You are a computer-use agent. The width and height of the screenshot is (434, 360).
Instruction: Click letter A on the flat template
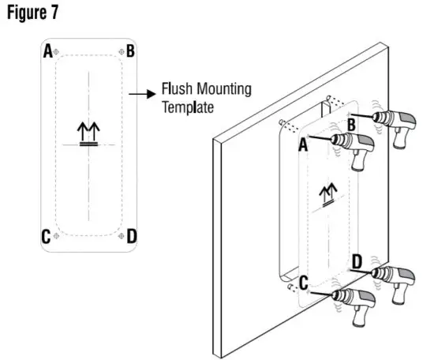coord(48,52)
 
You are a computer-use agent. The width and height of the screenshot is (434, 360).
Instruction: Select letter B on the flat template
coord(130,52)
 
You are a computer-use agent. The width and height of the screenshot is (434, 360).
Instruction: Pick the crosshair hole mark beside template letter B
coord(118,52)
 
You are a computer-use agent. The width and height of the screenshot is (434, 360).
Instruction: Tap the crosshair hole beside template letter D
coord(118,235)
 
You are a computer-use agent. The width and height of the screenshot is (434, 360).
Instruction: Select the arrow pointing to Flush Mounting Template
coord(140,93)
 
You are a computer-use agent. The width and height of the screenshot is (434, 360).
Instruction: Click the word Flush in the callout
coord(175,89)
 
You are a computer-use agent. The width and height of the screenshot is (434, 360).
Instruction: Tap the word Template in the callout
coord(187,107)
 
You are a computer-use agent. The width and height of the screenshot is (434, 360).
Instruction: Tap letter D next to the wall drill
coord(357,260)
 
